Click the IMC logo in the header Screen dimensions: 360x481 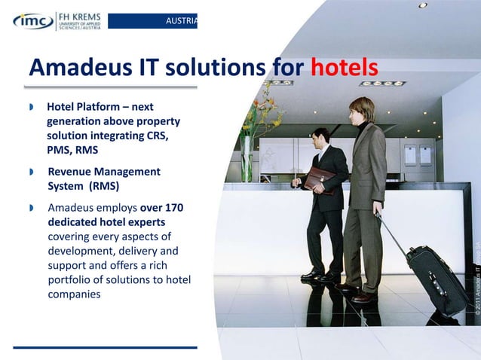(31, 20)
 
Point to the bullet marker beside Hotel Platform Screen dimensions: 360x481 (31, 108)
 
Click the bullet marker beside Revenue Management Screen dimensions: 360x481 (31, 172)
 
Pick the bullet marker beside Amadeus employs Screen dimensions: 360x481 (31, 208)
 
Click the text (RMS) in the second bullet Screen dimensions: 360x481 (106, 186)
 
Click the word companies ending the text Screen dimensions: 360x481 (74, 294)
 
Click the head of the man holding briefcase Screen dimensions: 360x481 (320, 137)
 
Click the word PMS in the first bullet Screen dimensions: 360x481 (63, 150)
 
